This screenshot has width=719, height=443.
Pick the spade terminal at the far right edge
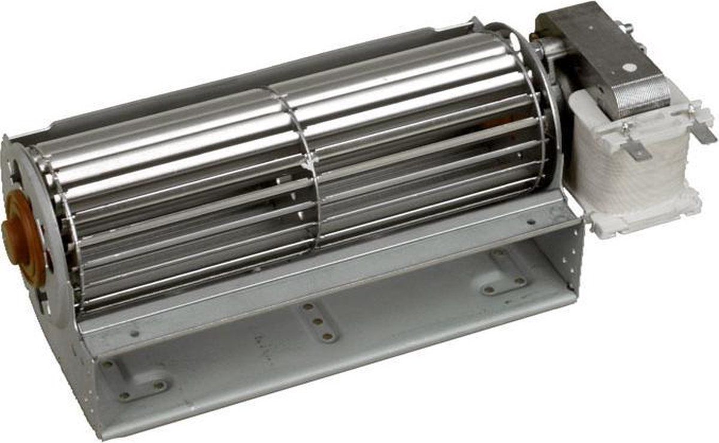(x=705, y=129)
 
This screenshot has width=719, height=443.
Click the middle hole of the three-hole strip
(x=318, y=321)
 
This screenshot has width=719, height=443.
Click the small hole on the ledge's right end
(x=530, y=222)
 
